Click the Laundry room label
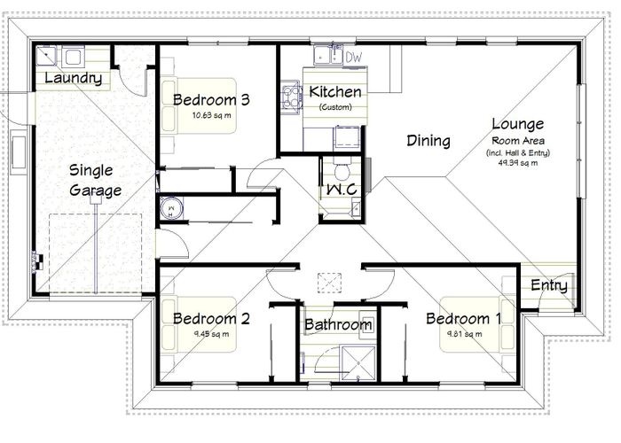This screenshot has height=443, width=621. click(x=73, y=79)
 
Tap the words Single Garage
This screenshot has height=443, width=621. click(x=95, y=179)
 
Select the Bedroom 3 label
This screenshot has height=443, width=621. click(x=210, y=99)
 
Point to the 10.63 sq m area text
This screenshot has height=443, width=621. click(x=211, y=115)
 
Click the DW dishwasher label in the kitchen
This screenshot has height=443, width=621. click(x=354, y=58)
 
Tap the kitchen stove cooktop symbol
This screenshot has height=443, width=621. click(x=290, y=95)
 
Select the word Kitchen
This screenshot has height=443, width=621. click(x=334, y=92)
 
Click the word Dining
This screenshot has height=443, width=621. click(x=428, y=140)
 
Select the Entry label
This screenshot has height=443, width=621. click(x=548, y=285)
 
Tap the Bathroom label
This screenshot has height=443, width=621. click(x=338, y=325)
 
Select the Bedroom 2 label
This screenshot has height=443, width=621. click(x=210, y=319)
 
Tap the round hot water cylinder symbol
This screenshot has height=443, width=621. click(x=170, y=209)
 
